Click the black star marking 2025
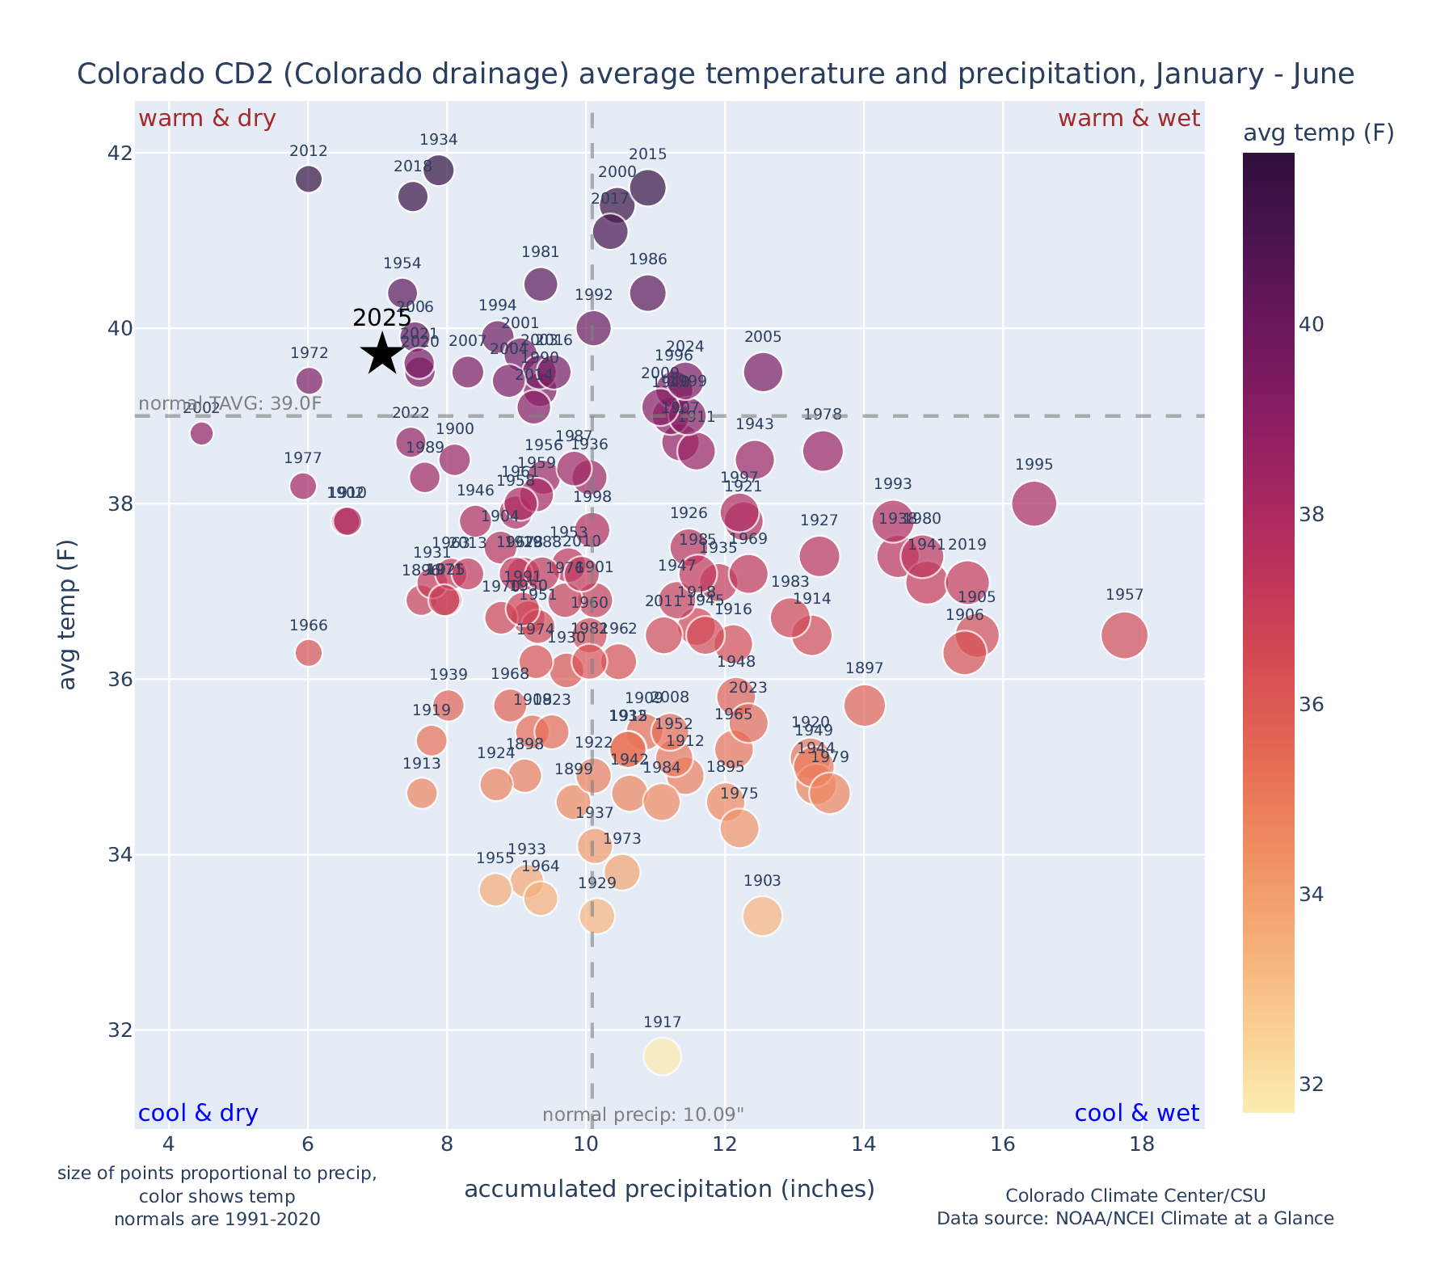point(382,354)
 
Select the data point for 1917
point(662,1056)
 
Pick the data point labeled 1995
point(1034,503)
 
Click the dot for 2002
point(202,433)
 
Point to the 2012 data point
point(308,179)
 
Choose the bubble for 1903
point(762,916)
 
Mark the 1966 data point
point(308,652)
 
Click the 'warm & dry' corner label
point(207,119)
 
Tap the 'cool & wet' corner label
point(1136,1114)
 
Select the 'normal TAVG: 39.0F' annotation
point(230,404)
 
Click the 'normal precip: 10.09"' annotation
point(642,1115)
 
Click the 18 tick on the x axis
point(1141,1145)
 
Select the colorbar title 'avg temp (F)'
point(1318,133)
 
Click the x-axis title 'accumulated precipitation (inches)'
point(669,1190)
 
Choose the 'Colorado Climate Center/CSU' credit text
point(1135,1196)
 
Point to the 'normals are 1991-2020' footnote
point(217,1219)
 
